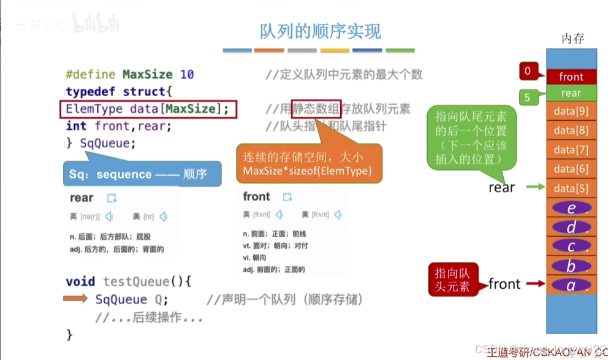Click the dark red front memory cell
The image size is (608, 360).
(x=571, y=77)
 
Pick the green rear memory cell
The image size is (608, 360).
(x=571, y=93)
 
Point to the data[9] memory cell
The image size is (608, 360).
(x=571, y=112)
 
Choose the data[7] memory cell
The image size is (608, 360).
(x=571, y=150)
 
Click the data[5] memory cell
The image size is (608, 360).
(x=571, y=188)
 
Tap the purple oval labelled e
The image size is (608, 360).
(x=571, y=208)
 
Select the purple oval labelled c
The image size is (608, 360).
(x=571, y=246)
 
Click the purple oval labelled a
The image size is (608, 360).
(x=571, y=285)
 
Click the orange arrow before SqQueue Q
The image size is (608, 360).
(x=76, y=299)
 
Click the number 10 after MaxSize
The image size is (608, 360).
(x=187, y=75)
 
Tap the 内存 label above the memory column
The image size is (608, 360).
(x=572, y=39)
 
